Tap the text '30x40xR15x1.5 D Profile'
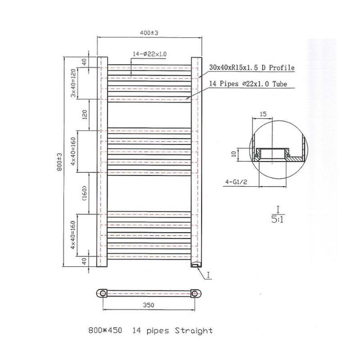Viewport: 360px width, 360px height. point(252,68)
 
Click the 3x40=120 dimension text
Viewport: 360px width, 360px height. point(74,83)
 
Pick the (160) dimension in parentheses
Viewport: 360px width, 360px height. point(84,193)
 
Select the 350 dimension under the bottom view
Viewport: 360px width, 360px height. point(148,305)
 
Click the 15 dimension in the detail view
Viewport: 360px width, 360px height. point(263,114)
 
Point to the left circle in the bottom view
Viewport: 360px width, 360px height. point(103,293)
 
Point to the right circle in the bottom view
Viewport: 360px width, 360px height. point(195,293)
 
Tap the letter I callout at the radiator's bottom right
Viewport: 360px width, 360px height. point(210,275)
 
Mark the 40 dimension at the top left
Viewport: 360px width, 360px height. point(84,62)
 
